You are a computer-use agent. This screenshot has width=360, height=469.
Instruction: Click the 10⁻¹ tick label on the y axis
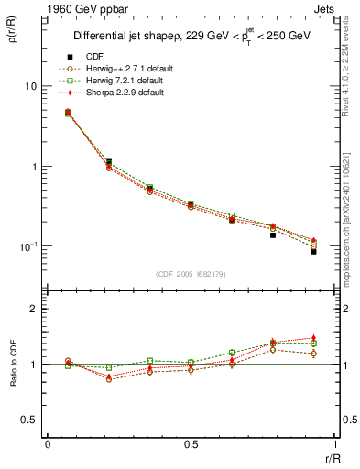[x=27, y=246]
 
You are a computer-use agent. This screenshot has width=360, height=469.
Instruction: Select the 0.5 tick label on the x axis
[x=190, y=444]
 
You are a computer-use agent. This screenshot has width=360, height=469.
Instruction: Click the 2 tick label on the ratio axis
[x=34, y=310]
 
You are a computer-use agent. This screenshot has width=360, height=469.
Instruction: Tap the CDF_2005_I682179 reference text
[x=190, y=276]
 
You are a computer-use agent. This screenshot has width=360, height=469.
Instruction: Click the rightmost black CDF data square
[x=313, y=251]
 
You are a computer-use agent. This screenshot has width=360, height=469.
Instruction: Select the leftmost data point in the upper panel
[x=68, y=113]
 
